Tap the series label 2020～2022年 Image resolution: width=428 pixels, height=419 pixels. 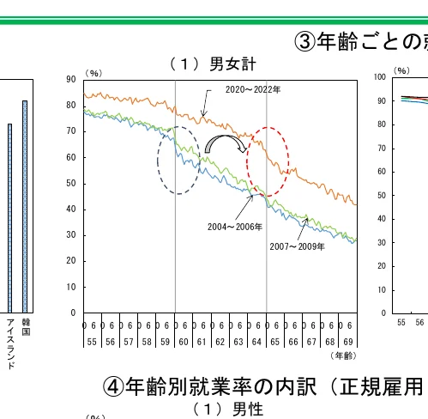pos(253,89)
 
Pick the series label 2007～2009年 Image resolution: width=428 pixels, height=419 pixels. pos(297,246)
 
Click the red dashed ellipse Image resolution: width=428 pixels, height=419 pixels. pos(268,161)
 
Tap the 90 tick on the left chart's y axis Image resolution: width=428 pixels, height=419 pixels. pos(71,80)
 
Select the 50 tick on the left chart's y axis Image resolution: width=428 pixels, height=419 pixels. pos(71,184)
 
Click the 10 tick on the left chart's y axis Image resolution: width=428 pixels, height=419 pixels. pos(71,288)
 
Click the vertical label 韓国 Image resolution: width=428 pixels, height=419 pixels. pos(26,327)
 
